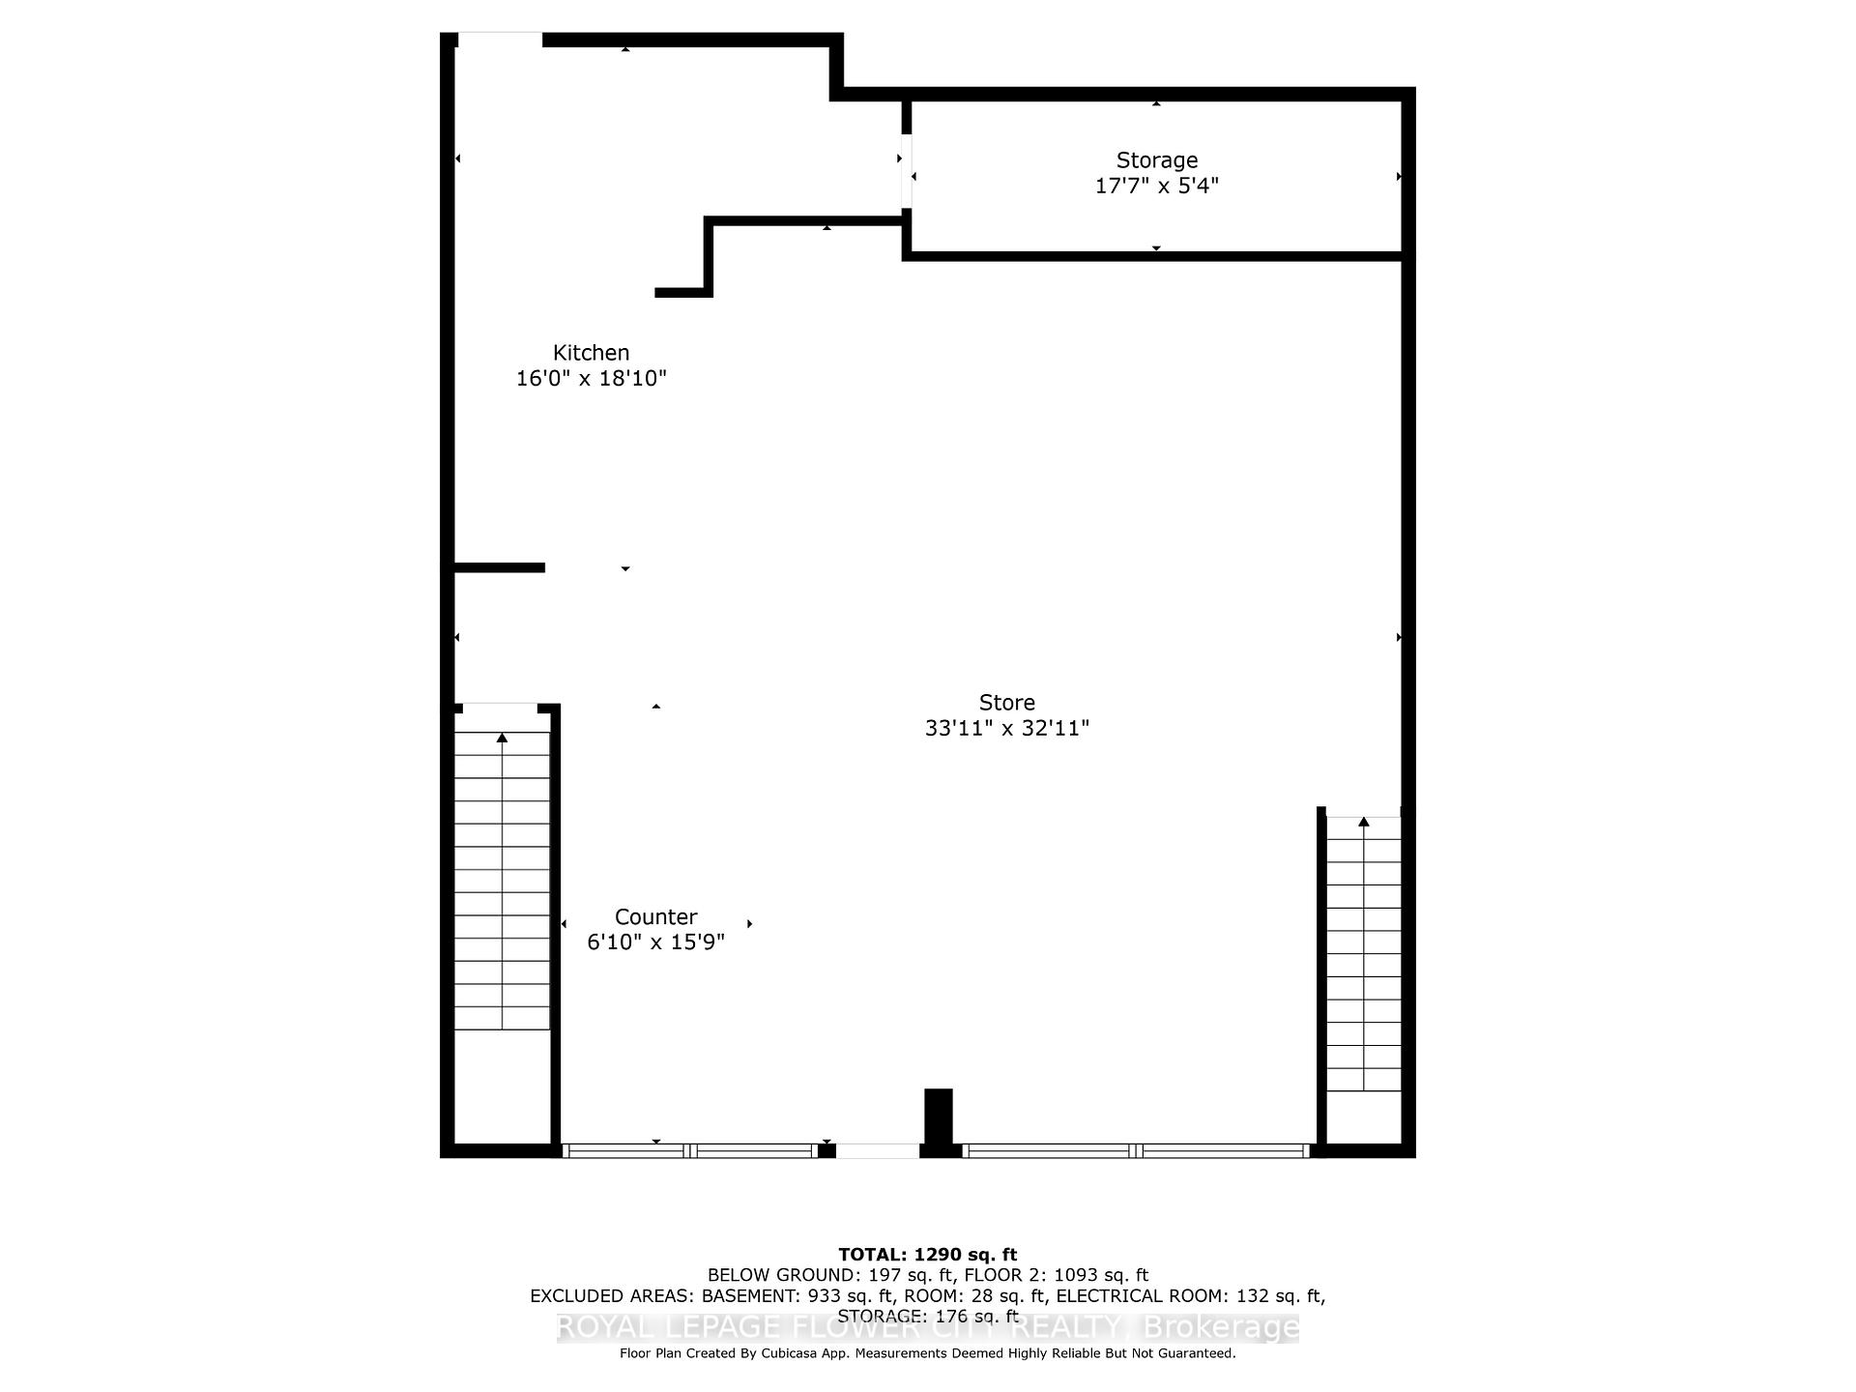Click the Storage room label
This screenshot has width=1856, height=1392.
pyautogui.click(x=1156, y=160)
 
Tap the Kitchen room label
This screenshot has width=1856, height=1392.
pyautogui.click(x=591, y=353)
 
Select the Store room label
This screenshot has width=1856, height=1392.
pyautogui.click(x=1006, y=703)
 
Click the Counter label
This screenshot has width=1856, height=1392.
pyautogui.click(x=655, y=916)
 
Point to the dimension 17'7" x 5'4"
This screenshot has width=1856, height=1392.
pyautogui.click(x=1156, y=186)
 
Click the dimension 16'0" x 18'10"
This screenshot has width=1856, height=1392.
pyautogui.click(x=591, y=378)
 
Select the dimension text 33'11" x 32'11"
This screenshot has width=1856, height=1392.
pyautogui.click(x=1006, y=728)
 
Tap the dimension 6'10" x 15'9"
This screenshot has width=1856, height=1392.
pyautogui.click(x=655, y=942)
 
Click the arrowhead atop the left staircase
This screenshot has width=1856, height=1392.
pyautogui.click(x=502, y=739)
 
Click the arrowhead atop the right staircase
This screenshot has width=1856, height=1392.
pyautogui.click(x=1363, y=823)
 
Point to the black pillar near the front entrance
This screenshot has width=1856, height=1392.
pyautogui.click(x=938, y=1116)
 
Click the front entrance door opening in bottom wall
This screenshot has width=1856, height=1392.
pyautogui.click(x=877, y=1150)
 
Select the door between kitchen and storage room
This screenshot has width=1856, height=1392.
pyautogui.click(x=906, y=171)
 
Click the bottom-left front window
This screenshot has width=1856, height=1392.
pyautogui.click(x=689, y=1150)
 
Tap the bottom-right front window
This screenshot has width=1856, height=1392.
pyautogui.click(x=1137, y=1150)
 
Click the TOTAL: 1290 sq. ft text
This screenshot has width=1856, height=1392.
pyautogui.click(x=927, y=1255)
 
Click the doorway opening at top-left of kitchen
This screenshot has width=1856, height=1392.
pyautogui.click(x=499, y=40)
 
